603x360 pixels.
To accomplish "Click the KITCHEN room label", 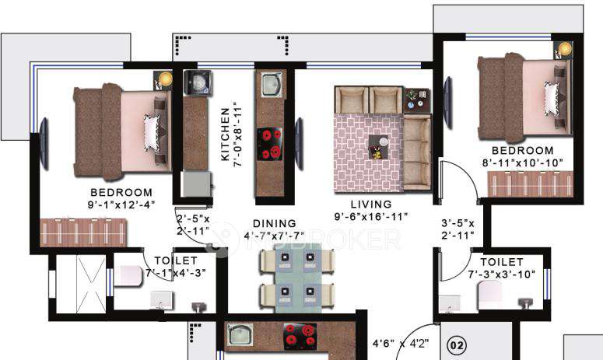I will click(226, 133).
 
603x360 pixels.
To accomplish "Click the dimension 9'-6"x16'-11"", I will click(371, 216).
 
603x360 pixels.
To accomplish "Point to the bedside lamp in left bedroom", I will click(163, 79).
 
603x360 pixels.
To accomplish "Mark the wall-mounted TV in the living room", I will click(300, 130).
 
